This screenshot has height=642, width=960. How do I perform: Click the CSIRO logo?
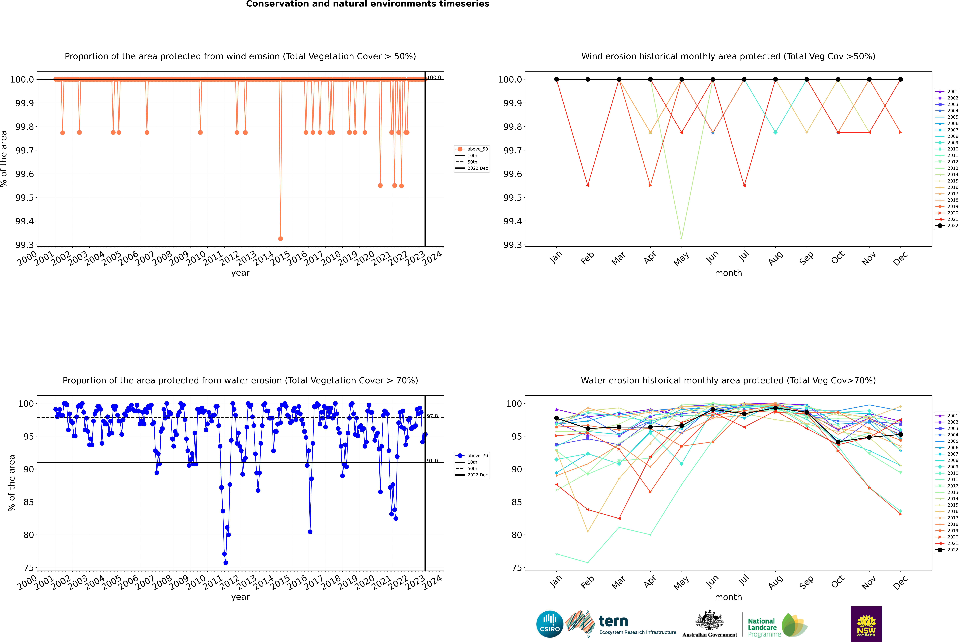550,624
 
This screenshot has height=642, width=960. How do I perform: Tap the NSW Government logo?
866,624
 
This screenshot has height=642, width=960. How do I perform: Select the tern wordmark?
613,622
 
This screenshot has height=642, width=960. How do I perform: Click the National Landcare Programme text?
762,627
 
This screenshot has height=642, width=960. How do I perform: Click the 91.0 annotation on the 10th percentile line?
432,461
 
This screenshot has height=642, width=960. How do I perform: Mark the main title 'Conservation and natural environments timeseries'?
367,4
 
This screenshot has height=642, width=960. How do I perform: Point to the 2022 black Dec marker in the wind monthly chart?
900,79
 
